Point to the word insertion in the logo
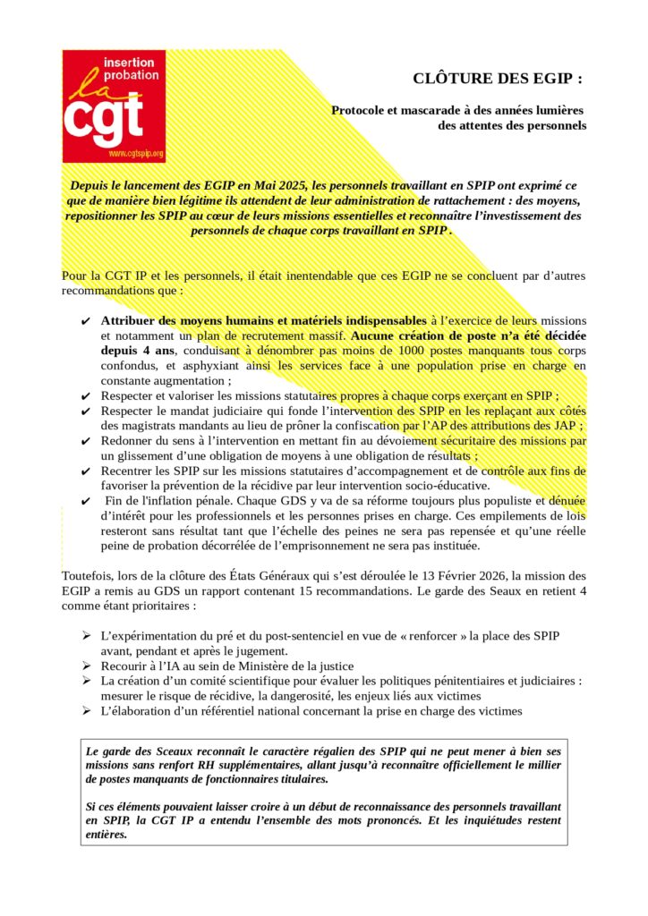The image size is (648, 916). click(131, 63)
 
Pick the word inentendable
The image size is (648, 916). click(304, 276)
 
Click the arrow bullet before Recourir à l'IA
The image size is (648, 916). click(86, 666)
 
